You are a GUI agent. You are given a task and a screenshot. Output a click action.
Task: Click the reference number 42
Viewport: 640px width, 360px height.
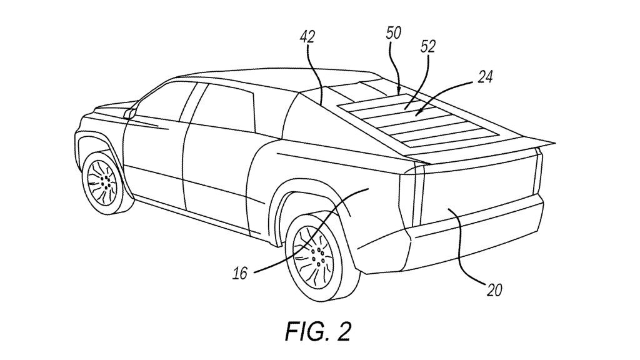tap(306, 37)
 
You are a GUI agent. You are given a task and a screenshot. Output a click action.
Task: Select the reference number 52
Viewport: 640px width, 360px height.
tap(429, 46)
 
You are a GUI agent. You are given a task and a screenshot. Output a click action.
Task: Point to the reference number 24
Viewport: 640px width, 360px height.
tap(485, 77)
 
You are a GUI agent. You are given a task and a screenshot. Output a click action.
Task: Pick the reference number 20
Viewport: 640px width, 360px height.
tap(494, 289)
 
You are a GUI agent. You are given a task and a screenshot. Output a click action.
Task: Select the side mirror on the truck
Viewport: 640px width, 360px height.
tap(131, 113)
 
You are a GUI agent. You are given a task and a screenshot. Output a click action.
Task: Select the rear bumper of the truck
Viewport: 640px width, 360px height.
tap(475, 244)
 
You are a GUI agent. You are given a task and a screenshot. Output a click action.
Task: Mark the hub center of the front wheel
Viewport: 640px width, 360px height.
tap(104, 181)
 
